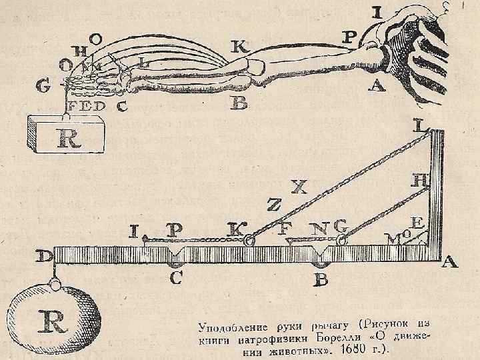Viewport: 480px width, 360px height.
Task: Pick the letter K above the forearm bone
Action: point(239,47)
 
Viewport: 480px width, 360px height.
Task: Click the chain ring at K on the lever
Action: point(249,241)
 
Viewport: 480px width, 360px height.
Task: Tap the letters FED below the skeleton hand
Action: point(84,105)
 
